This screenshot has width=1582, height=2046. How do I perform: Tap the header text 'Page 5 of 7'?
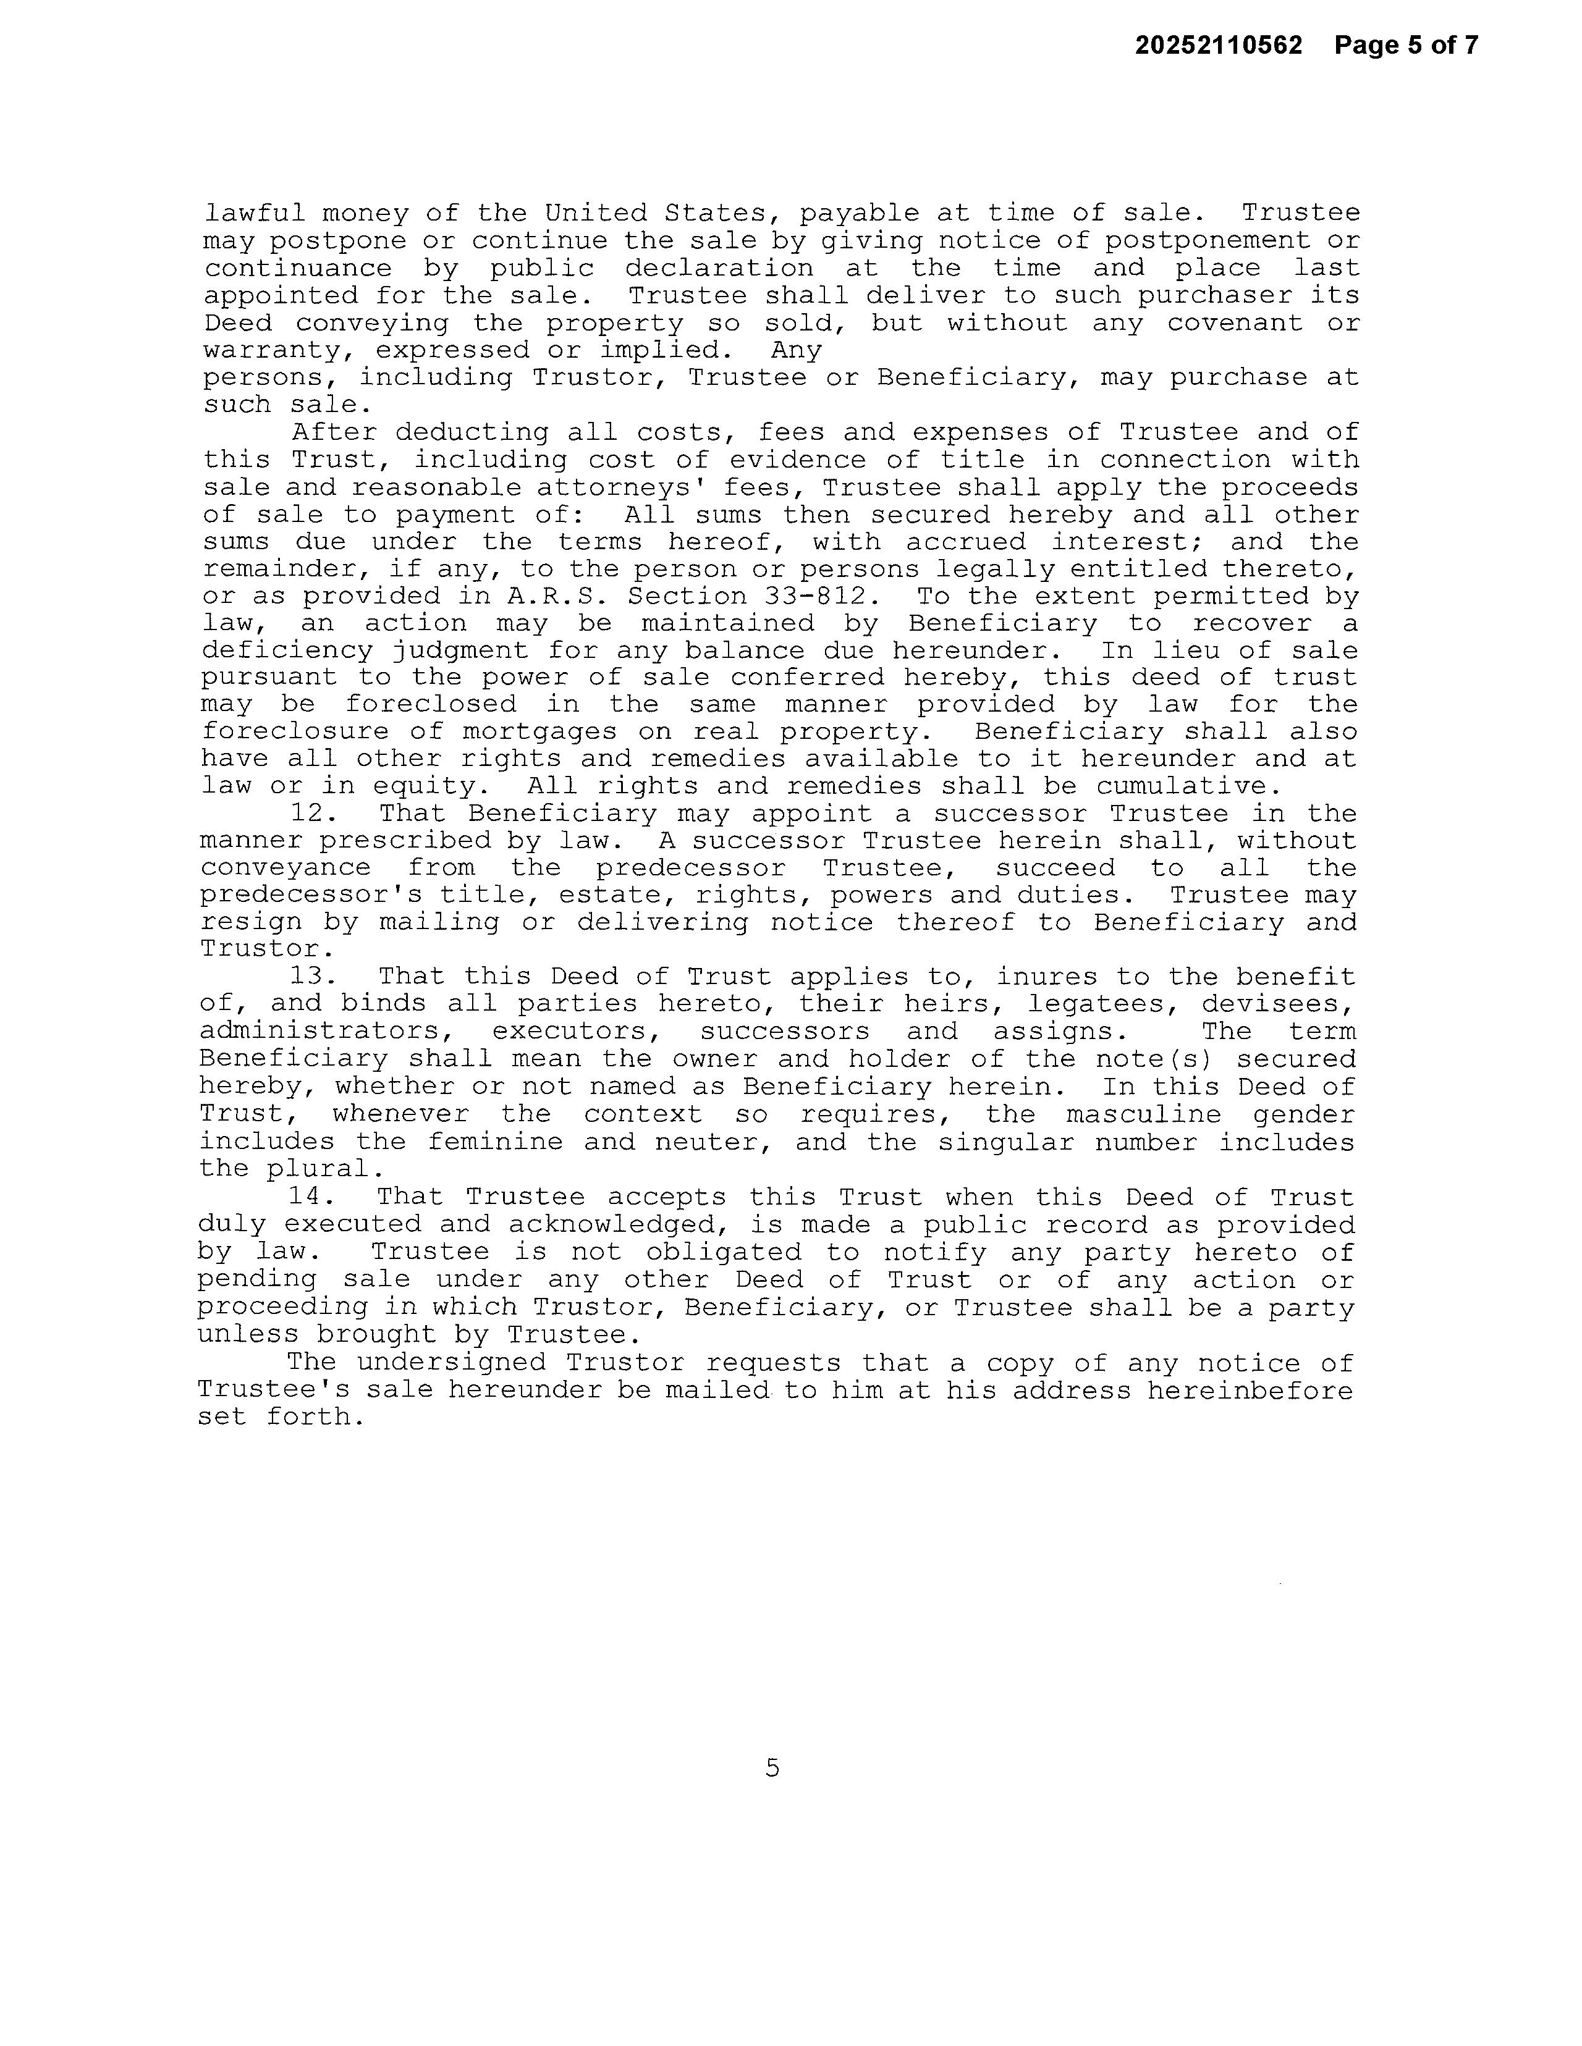pyautogui.click(x=1406, y=45)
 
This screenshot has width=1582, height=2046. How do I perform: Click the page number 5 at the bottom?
pyautogui.click(x=772, y=1768)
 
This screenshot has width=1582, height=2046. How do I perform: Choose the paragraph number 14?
pyautogui.click(x=310, y=1197)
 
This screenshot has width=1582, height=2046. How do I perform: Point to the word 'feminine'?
pyautogui.click(x=495, y=1142)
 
